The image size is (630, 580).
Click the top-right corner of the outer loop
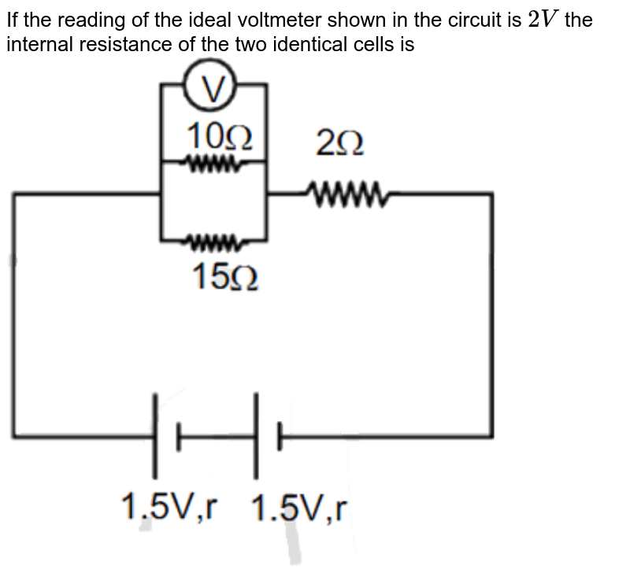tap(492, 193)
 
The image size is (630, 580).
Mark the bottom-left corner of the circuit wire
tap(14, 434)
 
